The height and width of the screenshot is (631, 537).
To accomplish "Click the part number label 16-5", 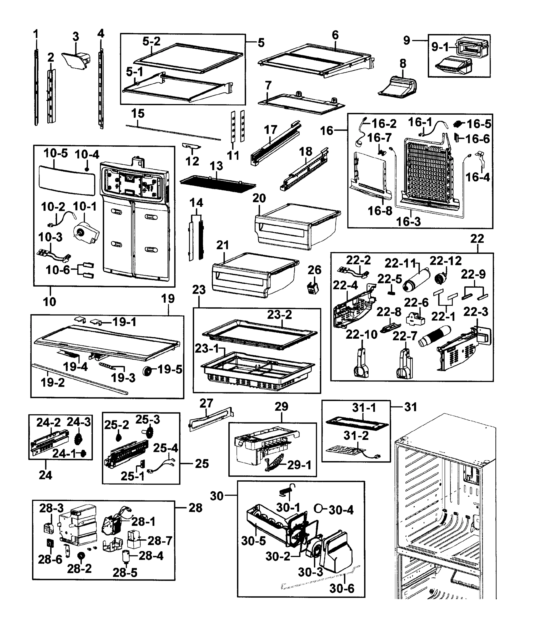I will pos(479,124).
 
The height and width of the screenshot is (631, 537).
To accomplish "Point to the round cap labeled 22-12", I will pos(440,278).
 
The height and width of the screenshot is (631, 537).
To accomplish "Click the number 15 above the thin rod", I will pos(138,114).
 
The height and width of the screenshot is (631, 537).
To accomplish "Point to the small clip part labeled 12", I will pos(192,147).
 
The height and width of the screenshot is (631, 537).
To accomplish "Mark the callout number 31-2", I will pos(356,436).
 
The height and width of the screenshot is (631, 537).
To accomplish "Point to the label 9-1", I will pos(440,47).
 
